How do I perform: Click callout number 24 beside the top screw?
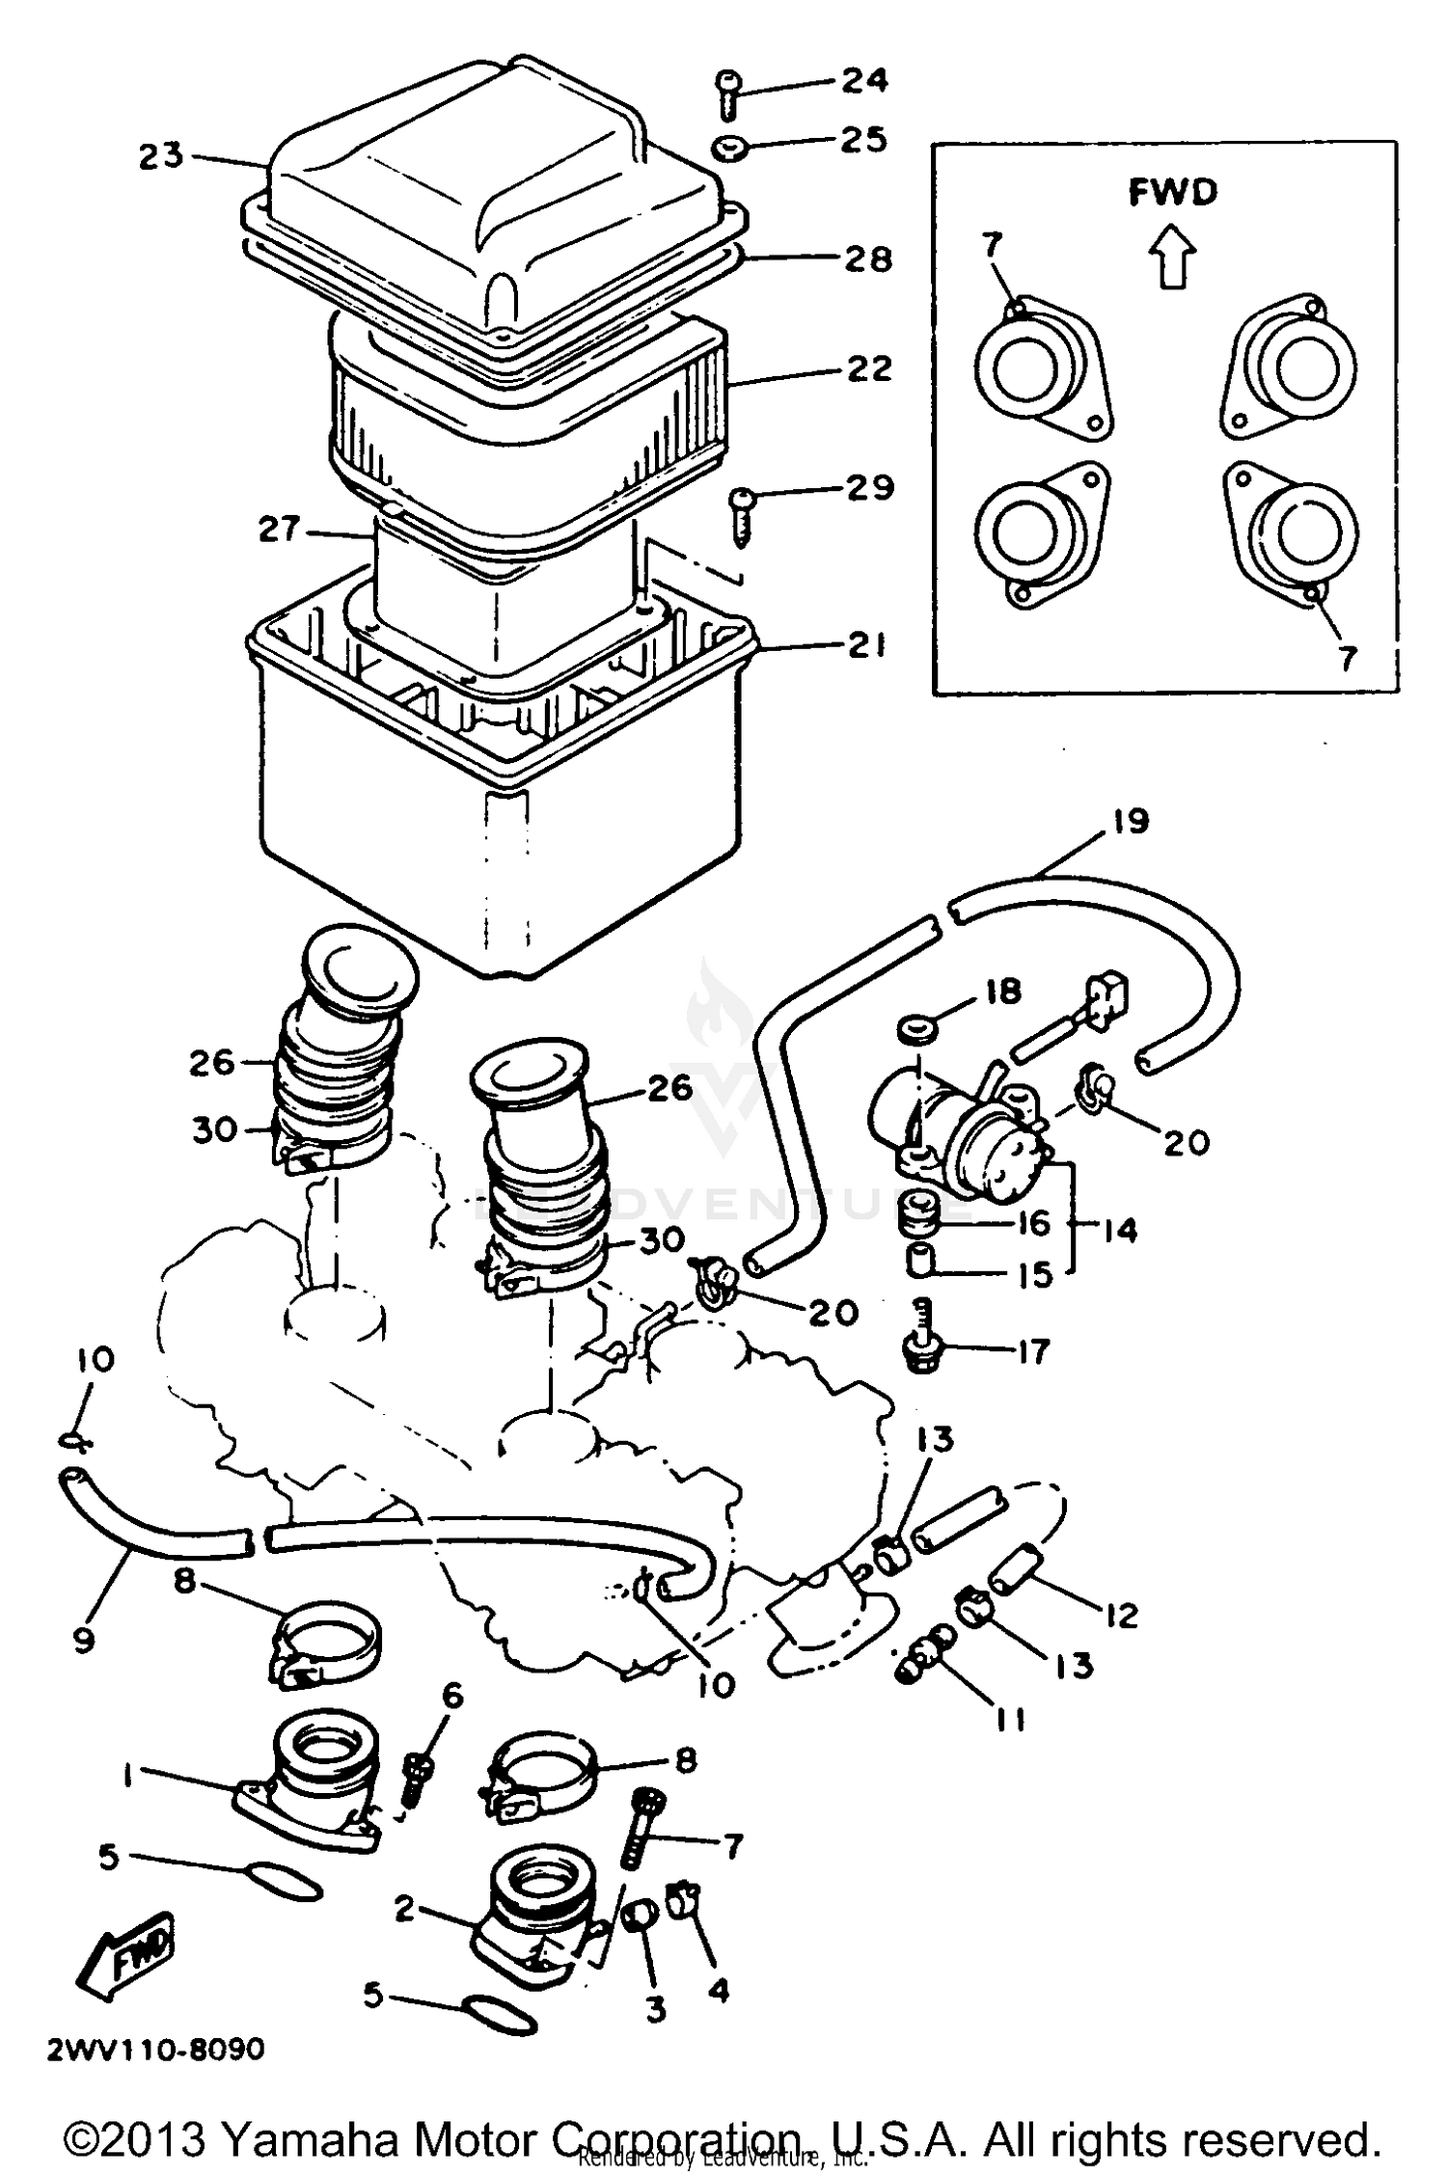click(864, 80)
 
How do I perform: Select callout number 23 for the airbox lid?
click(160, 155)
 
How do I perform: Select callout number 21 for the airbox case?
click(865, 645)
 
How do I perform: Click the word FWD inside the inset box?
click(1173, 193)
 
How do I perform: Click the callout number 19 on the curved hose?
click(1130, 821)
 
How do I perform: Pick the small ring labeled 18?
click(915, 1029)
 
